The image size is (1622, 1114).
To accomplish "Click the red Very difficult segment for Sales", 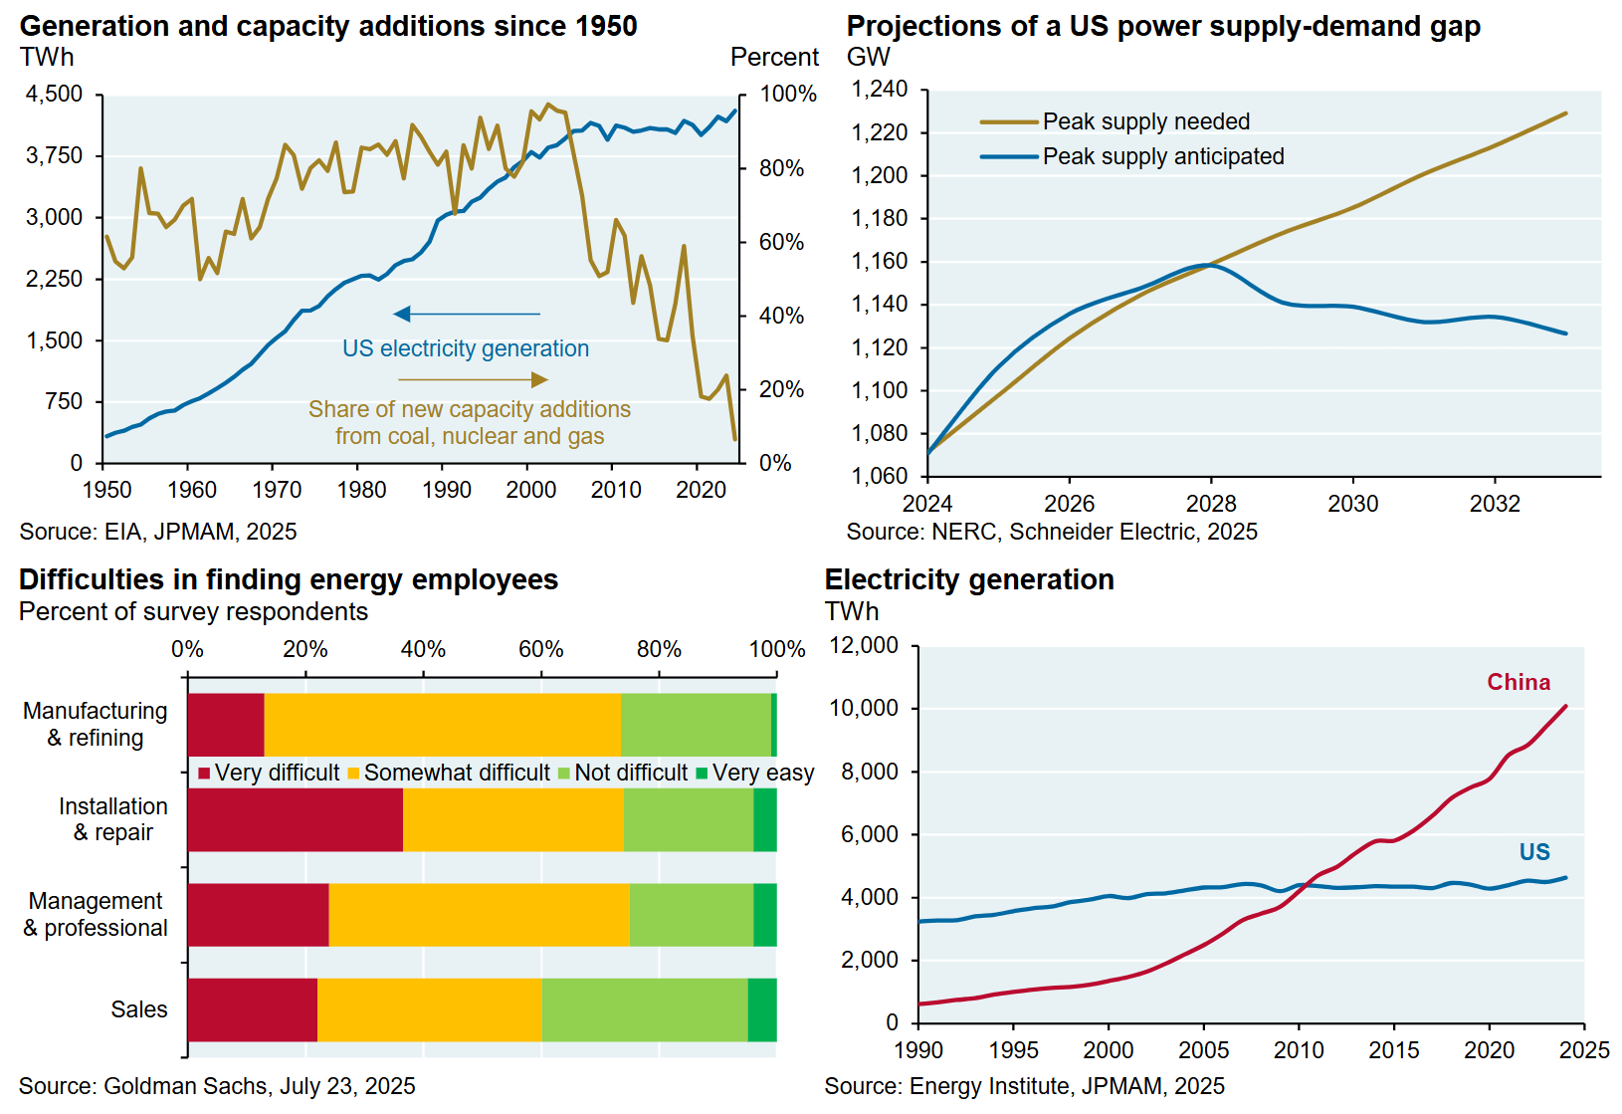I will pos(253,1009).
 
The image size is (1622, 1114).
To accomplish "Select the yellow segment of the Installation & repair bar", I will pos(513,819).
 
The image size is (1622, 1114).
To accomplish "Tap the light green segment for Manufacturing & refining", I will pos(696,725).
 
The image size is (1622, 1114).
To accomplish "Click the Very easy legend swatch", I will pos(703,774).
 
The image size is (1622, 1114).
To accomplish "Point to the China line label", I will pos(1519,682).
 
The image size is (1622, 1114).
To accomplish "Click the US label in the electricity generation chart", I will pos(1534,852).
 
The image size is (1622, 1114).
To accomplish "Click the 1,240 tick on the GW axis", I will pos(880,90).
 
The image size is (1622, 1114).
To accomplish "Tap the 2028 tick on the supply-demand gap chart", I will pos(1211,504).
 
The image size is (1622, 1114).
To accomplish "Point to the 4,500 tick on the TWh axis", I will pos(55,95).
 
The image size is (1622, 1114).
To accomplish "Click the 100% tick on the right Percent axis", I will pos(788,95).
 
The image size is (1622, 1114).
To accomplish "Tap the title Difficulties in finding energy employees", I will pos(289,579).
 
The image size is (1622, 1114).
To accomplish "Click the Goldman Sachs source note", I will pos(217,1086).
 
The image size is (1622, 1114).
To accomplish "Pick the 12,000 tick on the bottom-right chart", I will pos(864,645).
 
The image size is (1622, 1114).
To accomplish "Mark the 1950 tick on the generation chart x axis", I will pos(106,490).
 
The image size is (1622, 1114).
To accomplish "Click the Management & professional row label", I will pos(96,914).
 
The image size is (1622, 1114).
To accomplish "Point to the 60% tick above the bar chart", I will pos(540,649).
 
